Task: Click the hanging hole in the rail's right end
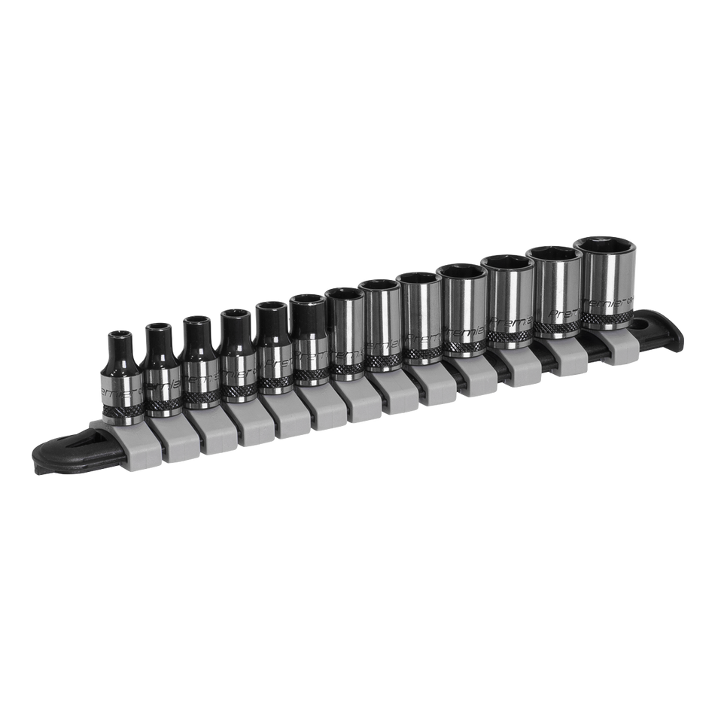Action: tap(640, 326)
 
